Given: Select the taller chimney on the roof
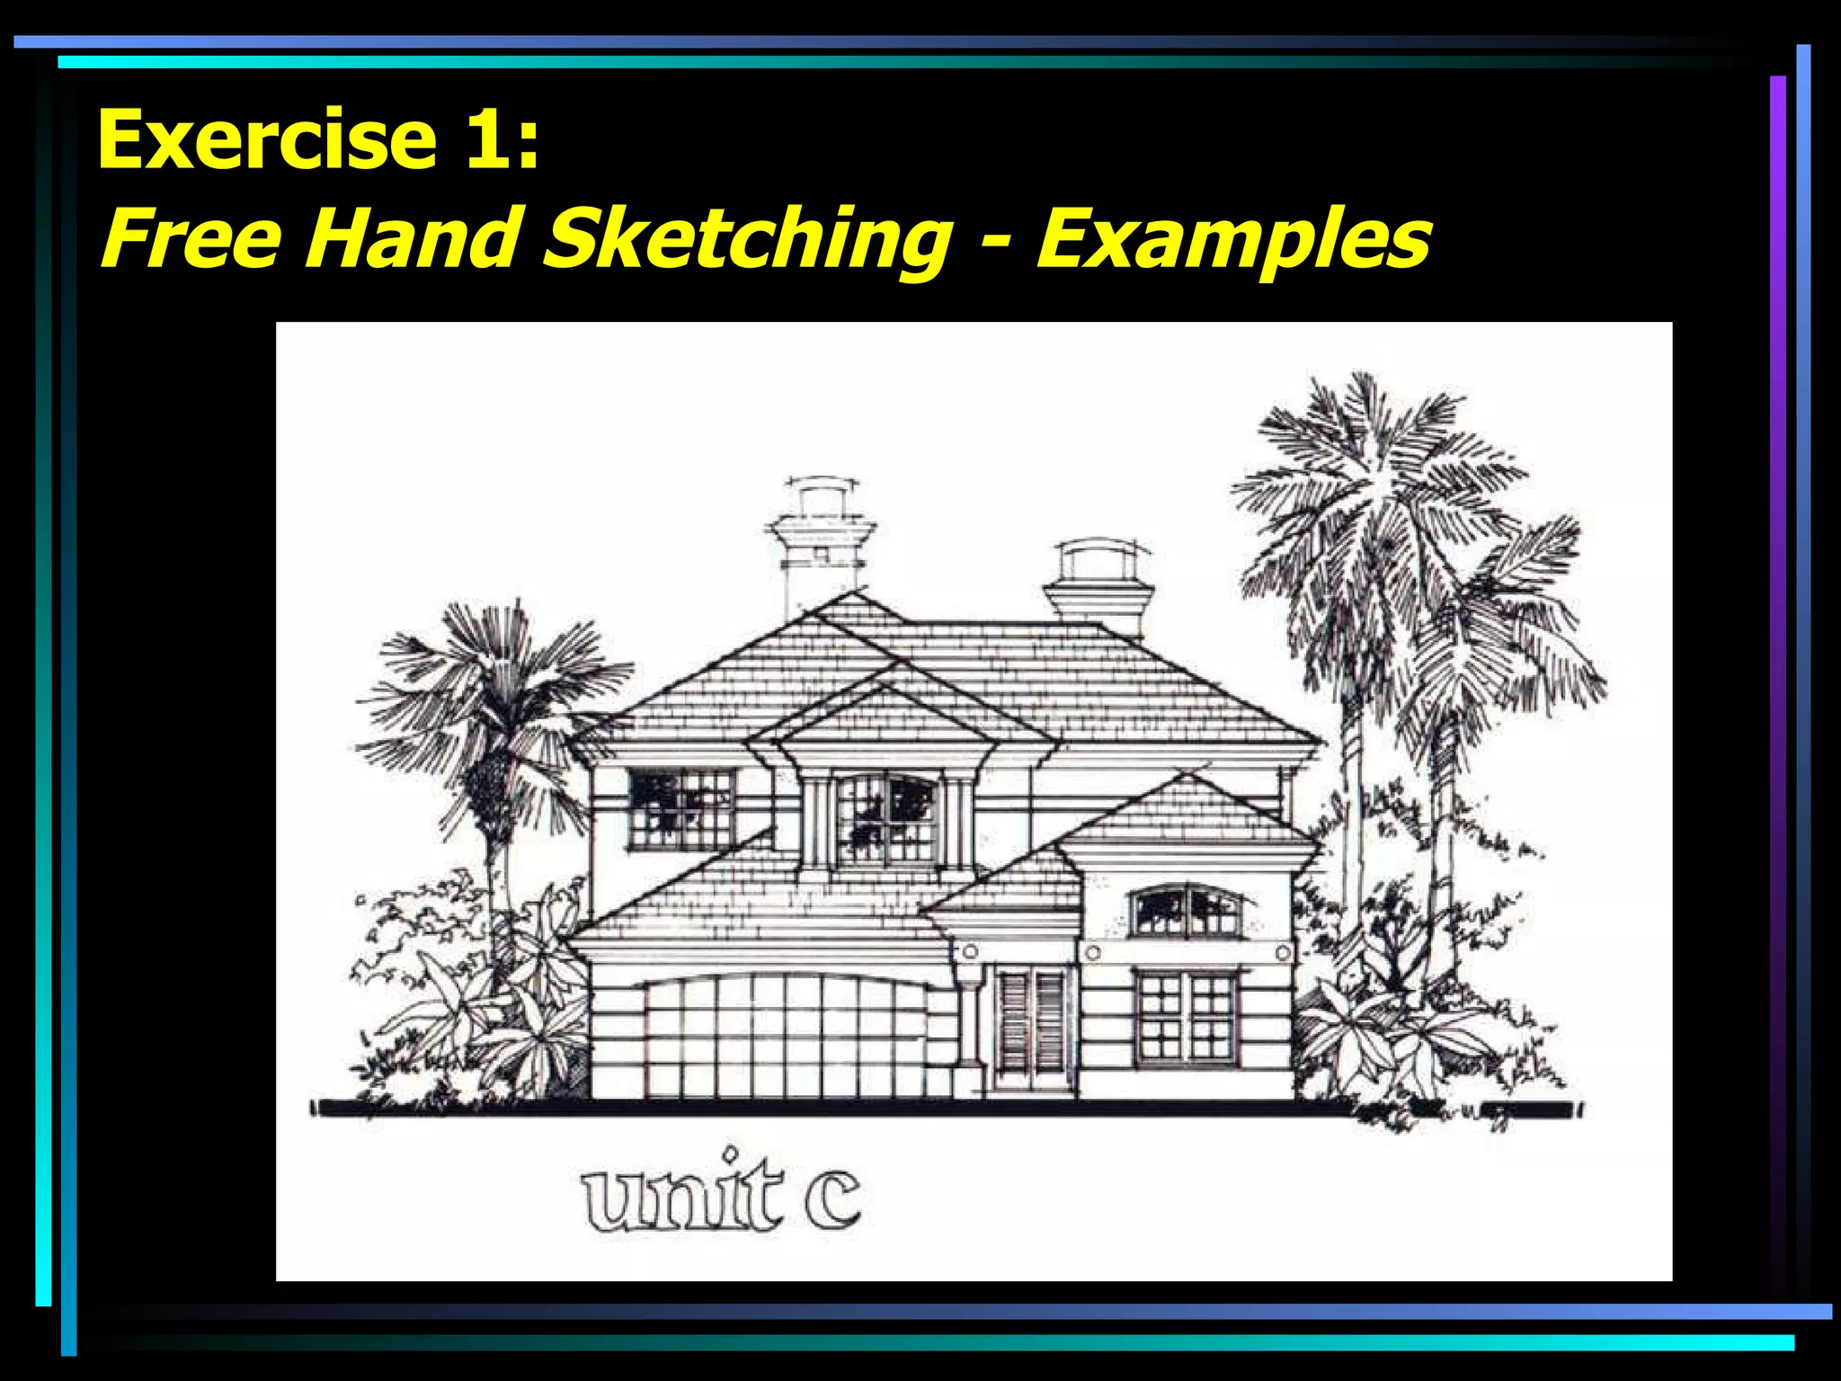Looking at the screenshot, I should tap(821, 548).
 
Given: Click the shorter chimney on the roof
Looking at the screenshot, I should tap(1099, 584).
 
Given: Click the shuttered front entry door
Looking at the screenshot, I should tap(1033, 1025).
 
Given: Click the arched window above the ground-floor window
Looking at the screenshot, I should tap(1187, 912).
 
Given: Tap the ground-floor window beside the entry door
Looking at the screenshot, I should tap(1185, 1016).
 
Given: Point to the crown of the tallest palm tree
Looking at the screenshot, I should tap(1375, 486).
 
